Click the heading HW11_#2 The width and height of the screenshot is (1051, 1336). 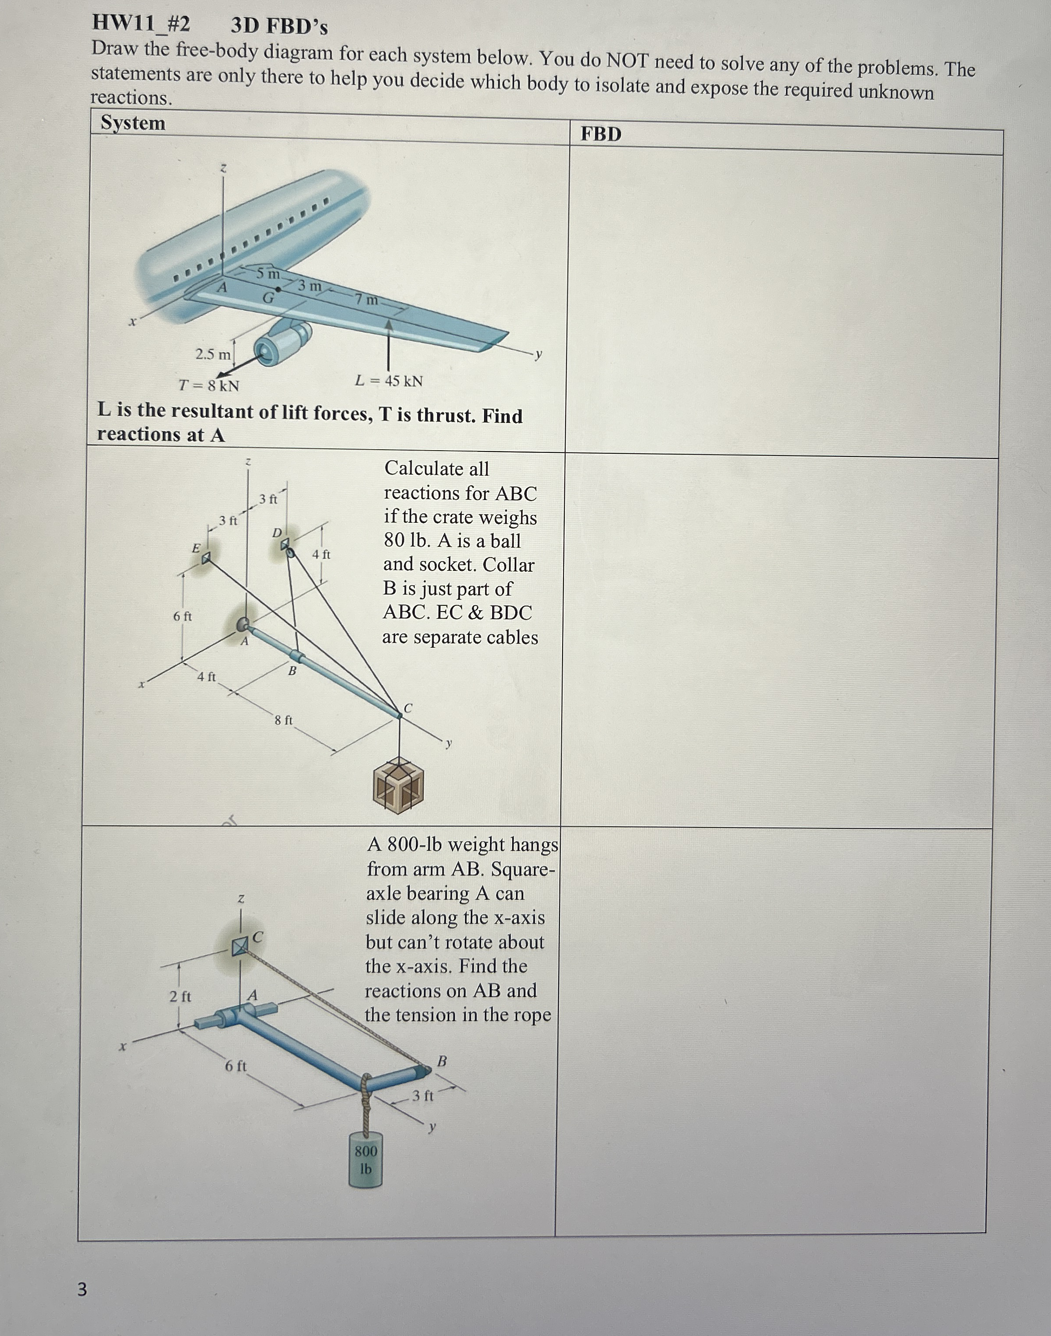[x=141, y=23]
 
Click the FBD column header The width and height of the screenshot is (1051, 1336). [x=601, y=134]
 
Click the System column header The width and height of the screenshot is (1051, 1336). [x=133, y=122]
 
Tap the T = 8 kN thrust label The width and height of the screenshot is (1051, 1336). [x=209, y=385]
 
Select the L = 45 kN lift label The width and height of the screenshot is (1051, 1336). [x=389, y=381]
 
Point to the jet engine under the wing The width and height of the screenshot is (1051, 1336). [x=280, y=343]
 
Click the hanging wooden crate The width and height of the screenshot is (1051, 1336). [x=399, y=786]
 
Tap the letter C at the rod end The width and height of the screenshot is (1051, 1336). [x=407, y=707]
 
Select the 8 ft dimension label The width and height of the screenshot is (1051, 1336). [x=284, y=719]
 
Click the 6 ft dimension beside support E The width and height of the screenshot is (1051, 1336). [x=182, y=616]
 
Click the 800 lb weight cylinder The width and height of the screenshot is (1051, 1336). [x=365, y=1159]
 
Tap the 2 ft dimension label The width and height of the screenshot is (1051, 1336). [x=180, y=996]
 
